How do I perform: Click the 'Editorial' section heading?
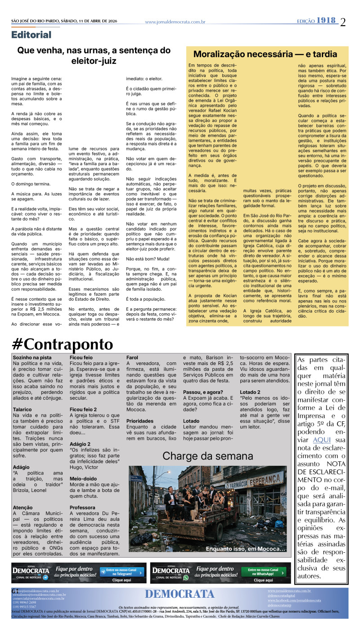coord(31,35)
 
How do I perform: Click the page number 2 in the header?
coord(343,22)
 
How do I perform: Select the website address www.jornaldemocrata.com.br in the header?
coord(175,22)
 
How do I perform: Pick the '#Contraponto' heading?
coord(62,344)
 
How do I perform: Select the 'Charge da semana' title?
coord(208,456)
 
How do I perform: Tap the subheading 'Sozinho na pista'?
coord(31,357)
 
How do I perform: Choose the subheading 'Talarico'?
coord(22,409)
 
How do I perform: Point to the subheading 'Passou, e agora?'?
coord(202,392)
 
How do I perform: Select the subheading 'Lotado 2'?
coord(250,392)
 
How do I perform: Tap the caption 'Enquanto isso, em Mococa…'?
coord(245,549)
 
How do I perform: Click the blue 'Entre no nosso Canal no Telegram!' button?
coord(122,572)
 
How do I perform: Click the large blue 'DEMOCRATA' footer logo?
coord(180,594)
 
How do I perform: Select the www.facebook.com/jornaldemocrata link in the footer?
coord(294,600)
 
